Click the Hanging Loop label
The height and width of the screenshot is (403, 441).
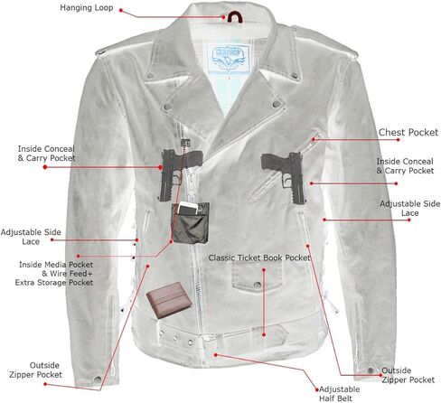tap(87, 8)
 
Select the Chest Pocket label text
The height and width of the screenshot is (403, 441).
tap(408, 132)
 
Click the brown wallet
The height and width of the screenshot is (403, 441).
tap(169, 300)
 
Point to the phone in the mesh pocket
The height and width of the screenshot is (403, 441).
tap(188, 209)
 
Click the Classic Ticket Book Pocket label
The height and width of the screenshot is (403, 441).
tap(259, 258)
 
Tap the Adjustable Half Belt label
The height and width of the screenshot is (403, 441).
tap(339, 394)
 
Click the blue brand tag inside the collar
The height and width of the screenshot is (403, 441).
tap(229, 58)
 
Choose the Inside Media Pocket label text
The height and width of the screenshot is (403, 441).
tap(56, 265)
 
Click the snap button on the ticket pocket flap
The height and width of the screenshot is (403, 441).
tap(257, 285)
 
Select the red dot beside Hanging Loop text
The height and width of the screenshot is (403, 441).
tap(121, 10)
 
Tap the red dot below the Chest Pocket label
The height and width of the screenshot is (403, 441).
tap(398, 140)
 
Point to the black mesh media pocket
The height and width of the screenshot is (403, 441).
tap(191, 223)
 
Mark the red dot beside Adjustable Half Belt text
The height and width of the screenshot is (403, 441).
tap(316, 389)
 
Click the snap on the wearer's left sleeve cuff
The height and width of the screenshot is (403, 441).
tap(371, 370)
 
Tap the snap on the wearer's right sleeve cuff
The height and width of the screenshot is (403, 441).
tap(98, 380)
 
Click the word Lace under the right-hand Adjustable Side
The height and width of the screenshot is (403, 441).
tap(409, 213)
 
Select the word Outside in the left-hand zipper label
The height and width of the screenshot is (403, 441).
tap(44, 365)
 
